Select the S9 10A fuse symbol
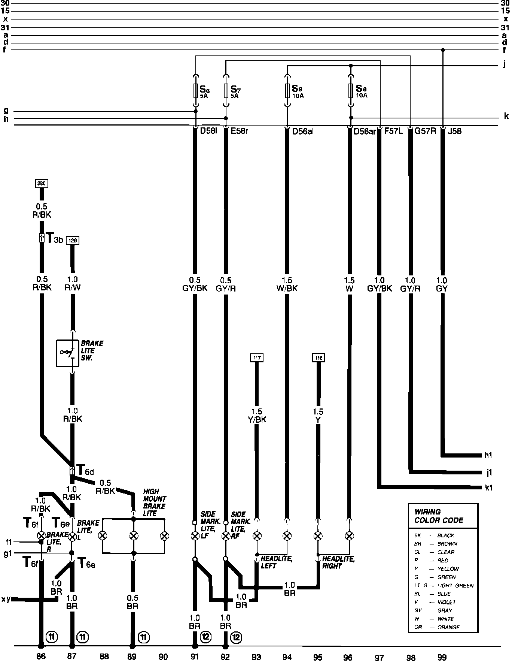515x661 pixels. pyautogui.click(x=287, y=90)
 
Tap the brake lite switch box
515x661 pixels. pyautogui.click(x=68, y=353)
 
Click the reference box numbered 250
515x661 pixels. pyautogui.click(x=42, y=184)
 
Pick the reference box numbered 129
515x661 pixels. pyautogui.click(x=73, y=240)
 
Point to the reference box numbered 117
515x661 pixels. pyautogui.click(x=257, y=357)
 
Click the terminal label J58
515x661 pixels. pyautogui.click(x=455, y=132)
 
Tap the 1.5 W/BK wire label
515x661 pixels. pyautogui.click(x=287, y=284)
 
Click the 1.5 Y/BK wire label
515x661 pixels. pyautogui.click(x=257, y=416)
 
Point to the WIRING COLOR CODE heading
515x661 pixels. pyautogui.click(x=438, y=516)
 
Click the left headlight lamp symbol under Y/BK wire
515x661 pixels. pyautogui.click(x=257, y=536)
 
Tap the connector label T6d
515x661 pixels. pyautogui.click(x=85, y=470)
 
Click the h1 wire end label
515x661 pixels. pyautogui.click(x=488, y=455)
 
